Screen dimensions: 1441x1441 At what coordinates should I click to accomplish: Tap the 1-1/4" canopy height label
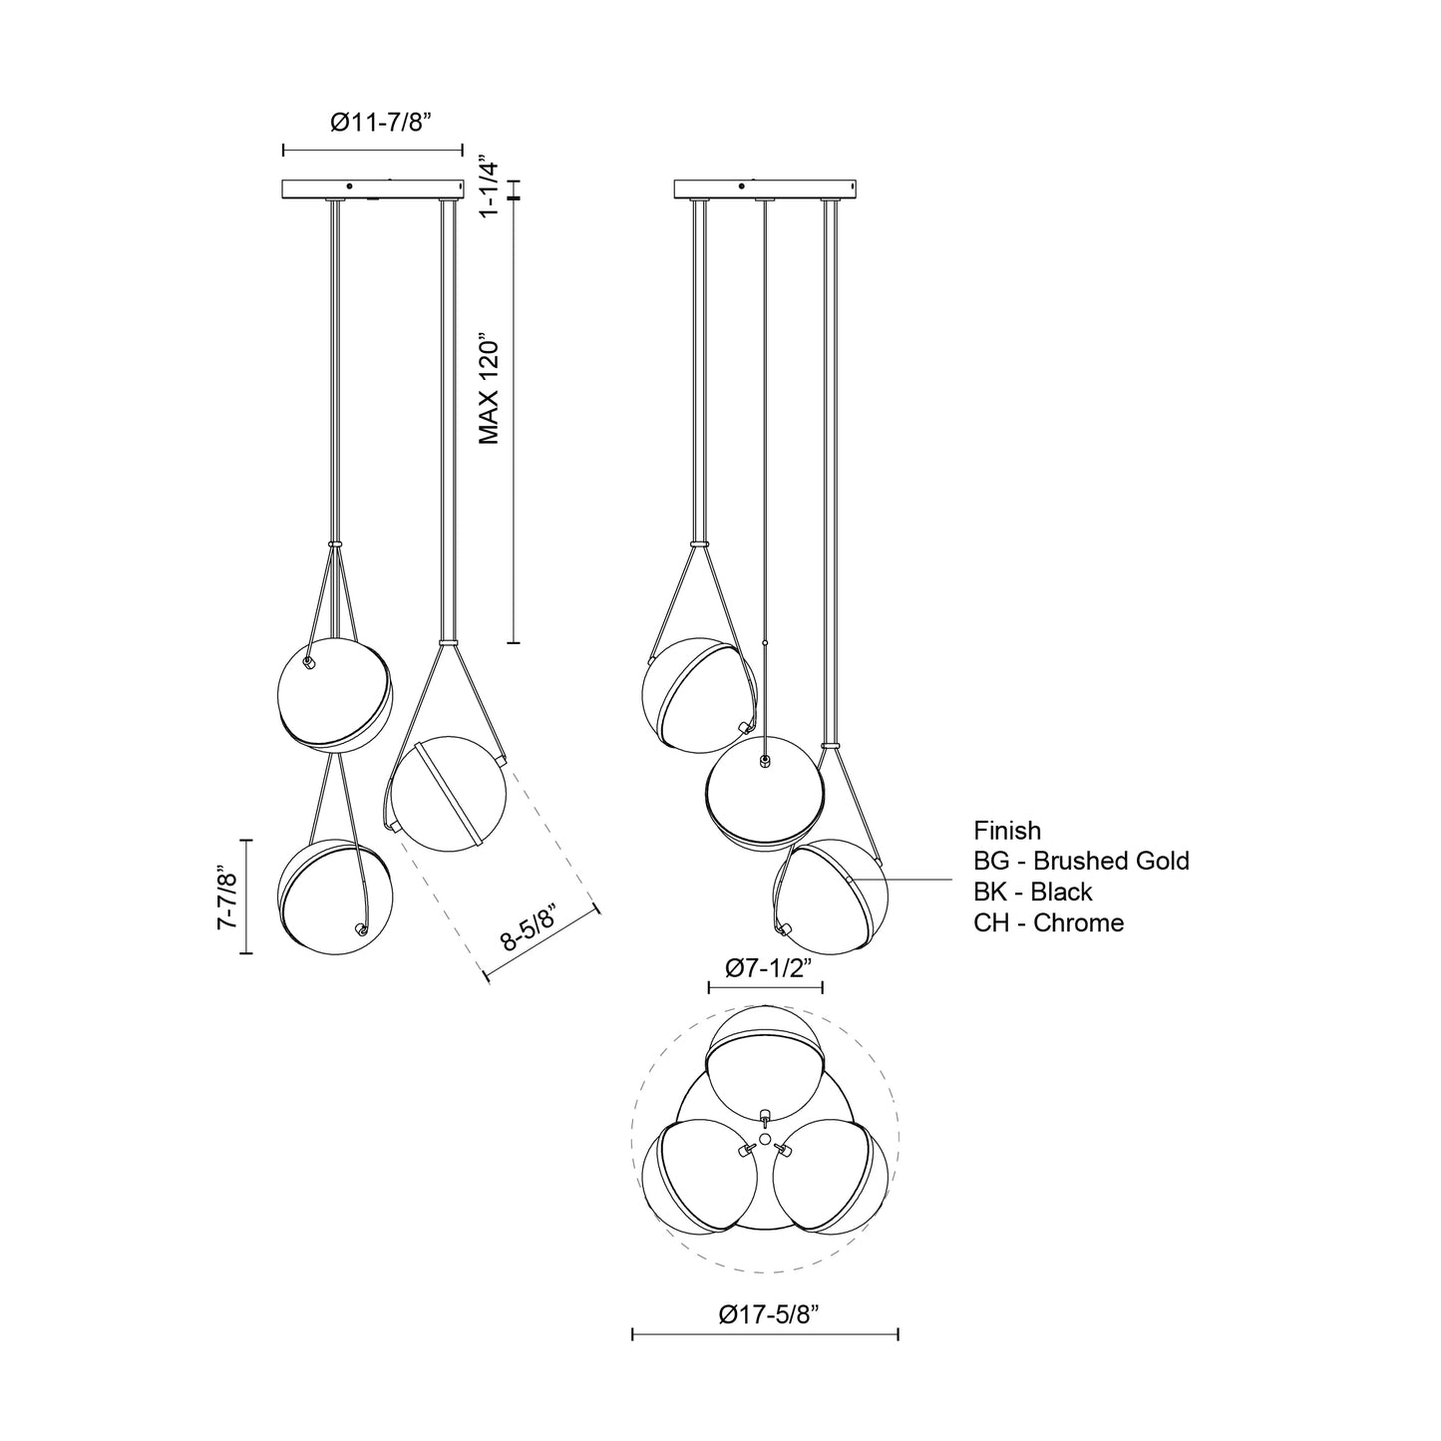[488, 185]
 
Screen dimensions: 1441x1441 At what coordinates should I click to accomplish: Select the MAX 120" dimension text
[488, 389]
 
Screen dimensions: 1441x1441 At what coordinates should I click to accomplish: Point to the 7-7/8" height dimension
[228, 899]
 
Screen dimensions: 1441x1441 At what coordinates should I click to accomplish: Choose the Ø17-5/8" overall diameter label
[768, 1314]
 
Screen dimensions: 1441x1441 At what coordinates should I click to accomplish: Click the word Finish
[1007, 831]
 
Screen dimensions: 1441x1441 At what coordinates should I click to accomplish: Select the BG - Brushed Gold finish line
[1081, 861]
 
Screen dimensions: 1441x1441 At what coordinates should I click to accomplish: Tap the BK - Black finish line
[1033, 892]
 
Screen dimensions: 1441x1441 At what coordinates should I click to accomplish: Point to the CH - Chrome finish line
[1048, 922]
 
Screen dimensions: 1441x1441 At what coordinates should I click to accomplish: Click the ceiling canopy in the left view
[373, 188]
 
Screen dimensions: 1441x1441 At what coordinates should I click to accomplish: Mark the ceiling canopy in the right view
[765, 188]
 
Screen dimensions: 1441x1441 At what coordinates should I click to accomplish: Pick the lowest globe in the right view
[832, 896]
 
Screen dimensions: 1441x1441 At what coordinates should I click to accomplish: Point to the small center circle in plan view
[765, 1138]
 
